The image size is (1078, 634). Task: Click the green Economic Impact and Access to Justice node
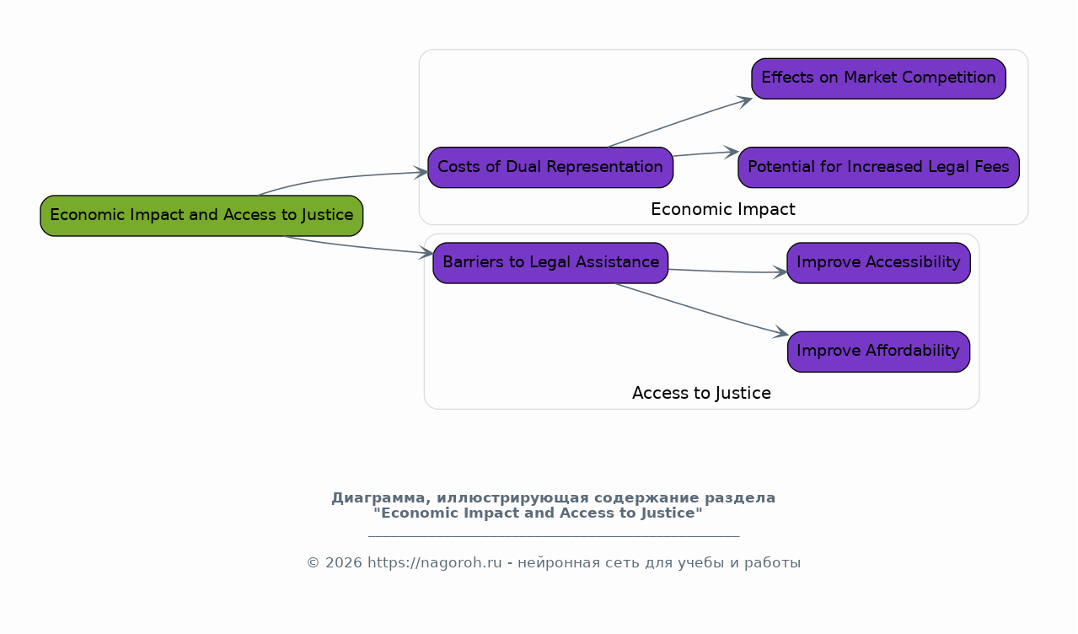click(201, 215)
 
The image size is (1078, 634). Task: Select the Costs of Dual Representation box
click(550, 167)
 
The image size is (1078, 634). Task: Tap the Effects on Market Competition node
click(878, 78)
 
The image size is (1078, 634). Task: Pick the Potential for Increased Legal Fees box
click(878, 167)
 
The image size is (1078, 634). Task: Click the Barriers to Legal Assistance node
click(550, 262)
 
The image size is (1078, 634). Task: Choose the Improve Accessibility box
click(878, 262)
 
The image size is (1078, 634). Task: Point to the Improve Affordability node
click(878, 351)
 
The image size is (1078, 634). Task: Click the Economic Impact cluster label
click(723, 209)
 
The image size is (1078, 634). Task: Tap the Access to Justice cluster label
click(701, 393)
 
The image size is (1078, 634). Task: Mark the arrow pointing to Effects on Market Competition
click(678, 123)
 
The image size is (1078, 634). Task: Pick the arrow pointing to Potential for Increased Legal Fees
click(705, 153)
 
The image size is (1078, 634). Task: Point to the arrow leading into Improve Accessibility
click(725, 271)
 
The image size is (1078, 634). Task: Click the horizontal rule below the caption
click(554, 536)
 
